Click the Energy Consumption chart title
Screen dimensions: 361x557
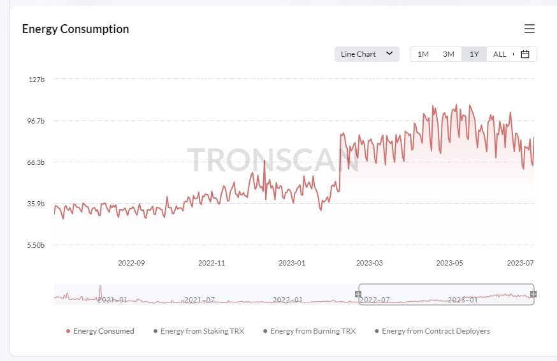coord(75,29)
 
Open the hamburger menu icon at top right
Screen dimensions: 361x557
coord(529,29)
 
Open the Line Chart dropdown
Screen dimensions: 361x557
coord(366,54)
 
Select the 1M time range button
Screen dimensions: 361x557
coord(423,54)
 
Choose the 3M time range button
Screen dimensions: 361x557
coord(449,54)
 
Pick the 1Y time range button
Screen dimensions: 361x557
coord(474,54)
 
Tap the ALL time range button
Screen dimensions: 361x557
coord(500,54)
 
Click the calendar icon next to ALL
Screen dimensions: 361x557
coord(525,54)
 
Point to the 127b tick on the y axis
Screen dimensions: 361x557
coord(36,80)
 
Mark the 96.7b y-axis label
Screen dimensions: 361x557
coord(36,121)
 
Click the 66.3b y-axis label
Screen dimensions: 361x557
coord(36,162)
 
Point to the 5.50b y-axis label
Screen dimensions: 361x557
coord(36,245)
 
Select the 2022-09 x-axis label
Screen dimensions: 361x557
coord(131,262)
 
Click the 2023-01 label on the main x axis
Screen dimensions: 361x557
coord(292,262)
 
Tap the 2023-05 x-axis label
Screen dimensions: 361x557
coord(449,262)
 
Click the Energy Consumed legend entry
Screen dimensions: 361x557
coord(100,331)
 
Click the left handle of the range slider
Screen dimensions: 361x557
coord(358,294)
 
